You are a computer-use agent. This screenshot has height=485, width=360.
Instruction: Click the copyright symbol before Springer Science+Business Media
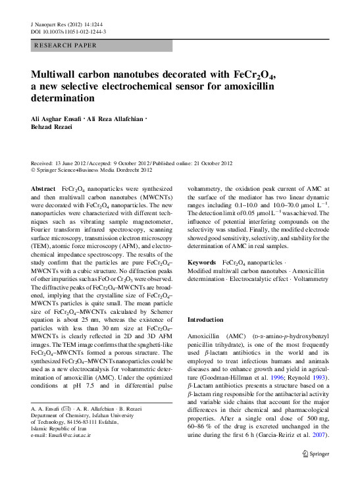[x=34, y=170]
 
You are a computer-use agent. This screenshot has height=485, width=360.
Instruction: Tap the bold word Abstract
[x=43, y=189]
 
